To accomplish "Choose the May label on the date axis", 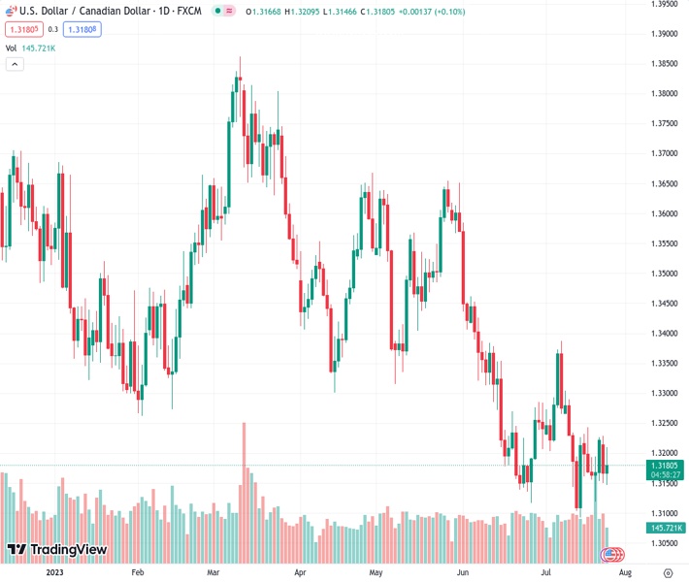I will click(376, 573).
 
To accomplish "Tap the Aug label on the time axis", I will click(613, 573).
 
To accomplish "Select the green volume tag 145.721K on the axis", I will click(665, 528).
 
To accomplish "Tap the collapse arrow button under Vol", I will click(15, 64).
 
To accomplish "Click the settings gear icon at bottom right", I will click(668, 573).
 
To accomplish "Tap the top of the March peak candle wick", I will click(240, 57).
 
